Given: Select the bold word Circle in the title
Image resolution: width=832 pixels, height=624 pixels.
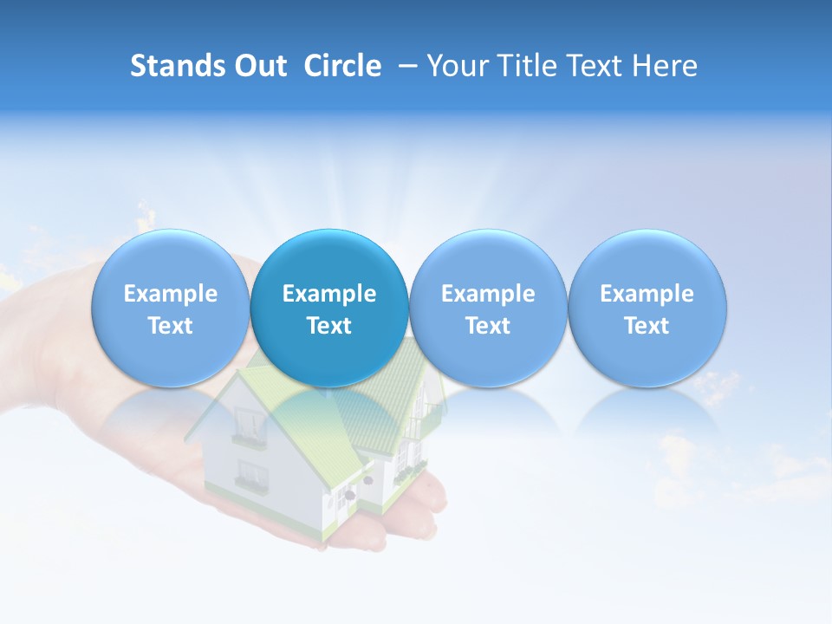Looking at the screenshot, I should (342, 66).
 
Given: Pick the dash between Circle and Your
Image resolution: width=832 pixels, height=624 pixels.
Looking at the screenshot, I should (404, 67).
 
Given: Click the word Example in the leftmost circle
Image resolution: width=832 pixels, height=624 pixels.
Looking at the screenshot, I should (171, 294).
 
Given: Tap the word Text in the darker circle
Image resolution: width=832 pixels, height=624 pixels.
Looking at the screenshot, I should (329, 326).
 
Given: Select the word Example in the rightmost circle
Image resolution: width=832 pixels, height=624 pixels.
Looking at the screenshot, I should (647, 294).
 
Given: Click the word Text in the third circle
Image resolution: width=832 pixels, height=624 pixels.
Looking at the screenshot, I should (488, 326).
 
